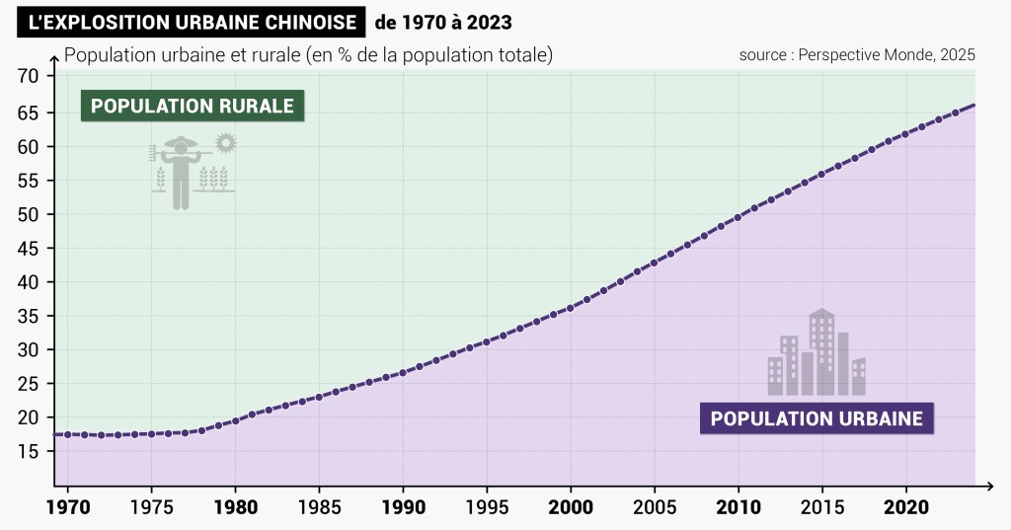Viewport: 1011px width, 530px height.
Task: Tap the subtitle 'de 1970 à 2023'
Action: click(x=443, y=21)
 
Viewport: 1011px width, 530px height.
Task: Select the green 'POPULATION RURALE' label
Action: click(x=193, y=106)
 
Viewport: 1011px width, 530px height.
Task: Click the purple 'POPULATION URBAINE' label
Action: click(x=817, y=418)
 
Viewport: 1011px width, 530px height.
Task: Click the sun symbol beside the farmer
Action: click(x=226, y=143)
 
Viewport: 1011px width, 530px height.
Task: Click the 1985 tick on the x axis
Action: click(x=319, y=507)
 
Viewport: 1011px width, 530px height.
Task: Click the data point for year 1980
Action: click(x=235, y=421)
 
